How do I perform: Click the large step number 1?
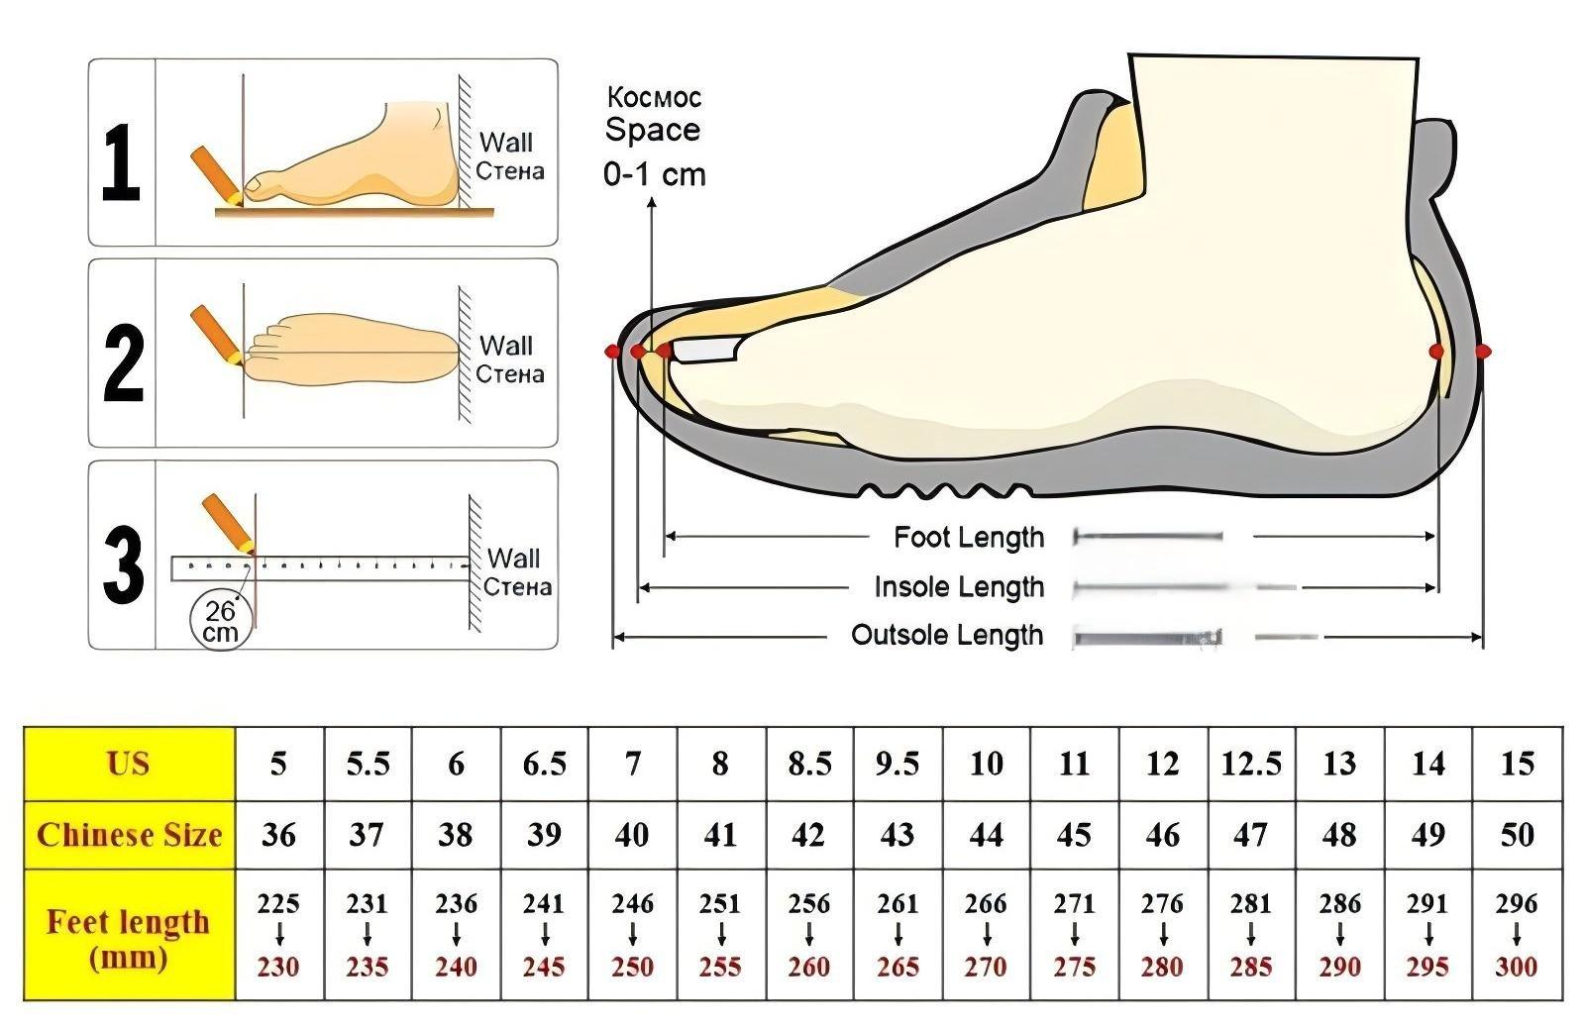121,161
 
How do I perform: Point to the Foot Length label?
968,538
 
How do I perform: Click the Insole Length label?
958,587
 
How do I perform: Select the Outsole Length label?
947,636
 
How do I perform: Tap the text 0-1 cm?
654,175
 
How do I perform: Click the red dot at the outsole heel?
1481,351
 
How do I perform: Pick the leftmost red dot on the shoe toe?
612,352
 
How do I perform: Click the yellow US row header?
129,764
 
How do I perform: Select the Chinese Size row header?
129,835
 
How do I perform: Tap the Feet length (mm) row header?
129,938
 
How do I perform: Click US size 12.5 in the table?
1250,764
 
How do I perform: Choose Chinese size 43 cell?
897,835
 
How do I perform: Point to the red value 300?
1516,967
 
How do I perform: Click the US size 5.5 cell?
367,764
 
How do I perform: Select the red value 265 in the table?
897,967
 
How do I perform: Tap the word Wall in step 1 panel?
506,143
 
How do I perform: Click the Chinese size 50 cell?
1516,835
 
